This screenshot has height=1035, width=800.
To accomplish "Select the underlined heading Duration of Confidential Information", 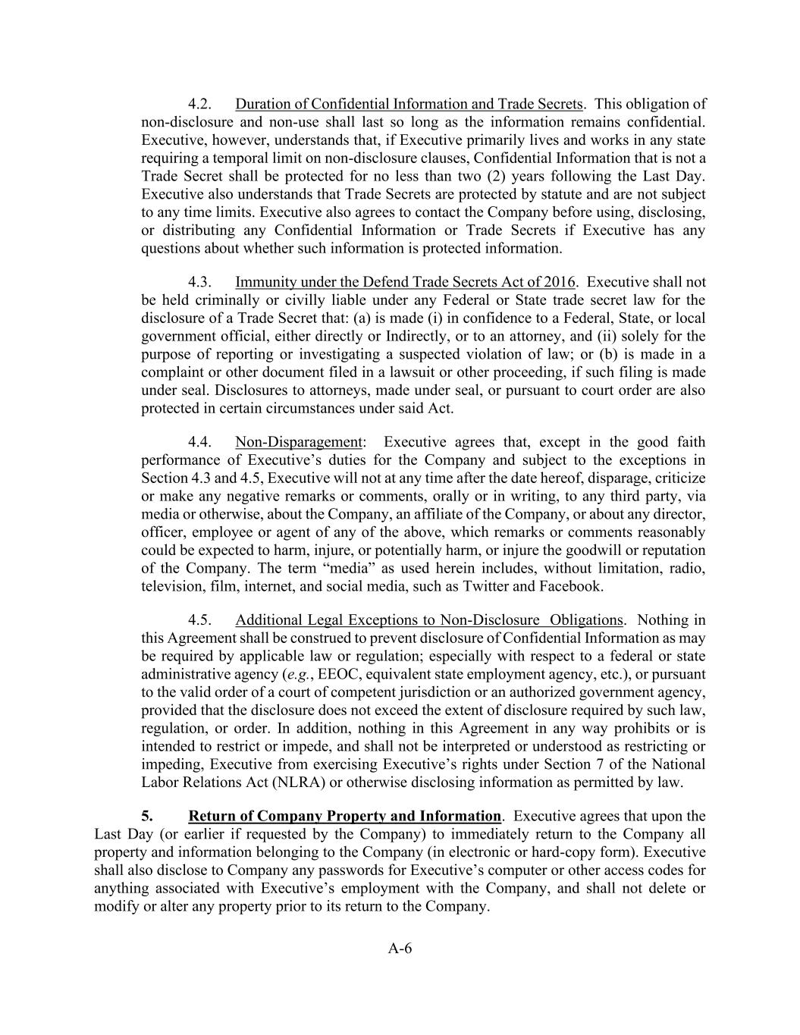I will click(409, 104).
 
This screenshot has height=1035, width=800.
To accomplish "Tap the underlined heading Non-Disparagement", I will click(299, 442).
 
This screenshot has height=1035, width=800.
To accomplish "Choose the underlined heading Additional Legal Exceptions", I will click(429, 620).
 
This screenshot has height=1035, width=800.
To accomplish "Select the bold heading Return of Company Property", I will click(344, 817).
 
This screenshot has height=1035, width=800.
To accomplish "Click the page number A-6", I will click(400, 949).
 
